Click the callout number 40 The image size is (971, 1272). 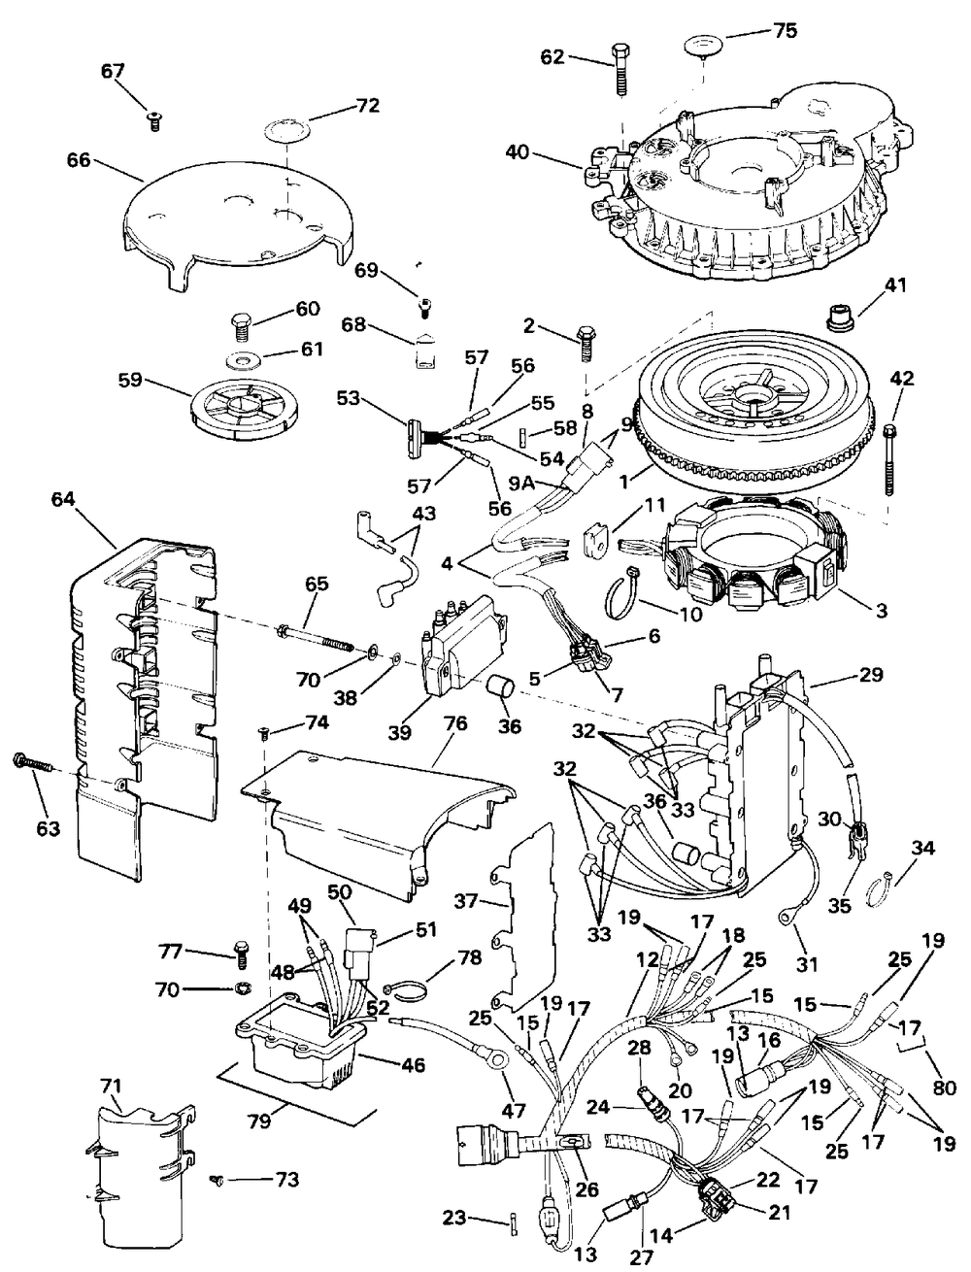pos(518,153)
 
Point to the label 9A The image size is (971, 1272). pos(522,483)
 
